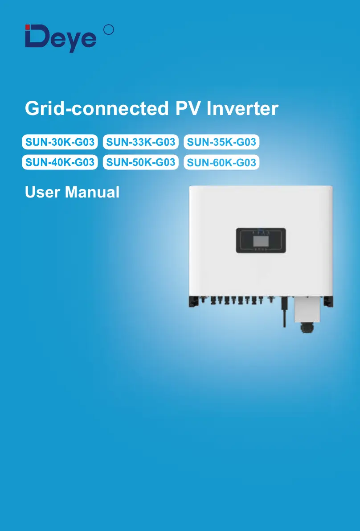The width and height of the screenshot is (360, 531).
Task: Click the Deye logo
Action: [61, 38]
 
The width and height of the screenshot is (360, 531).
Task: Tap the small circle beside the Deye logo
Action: [108, 30]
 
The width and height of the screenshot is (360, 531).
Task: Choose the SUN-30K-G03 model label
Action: [60, 143]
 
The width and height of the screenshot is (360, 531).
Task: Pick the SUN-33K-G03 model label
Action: [141, 143]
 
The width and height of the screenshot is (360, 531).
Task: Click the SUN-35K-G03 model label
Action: [221, 143]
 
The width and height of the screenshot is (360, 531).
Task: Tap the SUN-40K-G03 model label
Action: [60, 162]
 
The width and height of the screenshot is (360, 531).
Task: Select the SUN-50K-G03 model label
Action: [141, 162]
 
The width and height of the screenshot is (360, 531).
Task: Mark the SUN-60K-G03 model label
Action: [221, 162]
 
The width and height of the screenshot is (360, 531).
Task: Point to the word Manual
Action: [92, 192]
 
